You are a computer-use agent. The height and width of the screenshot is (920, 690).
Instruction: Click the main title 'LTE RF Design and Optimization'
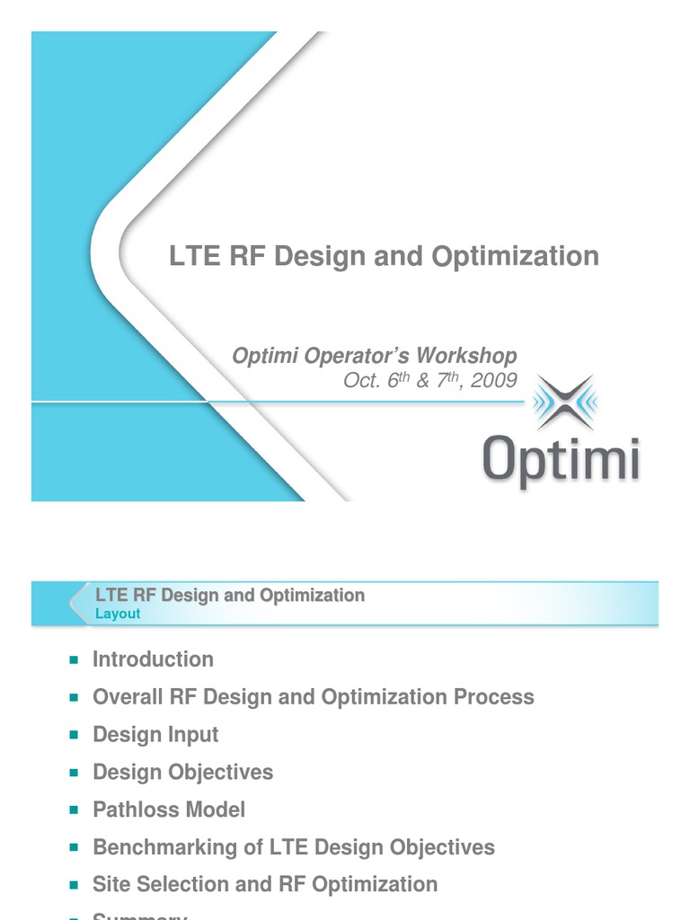click(x=384, y=256)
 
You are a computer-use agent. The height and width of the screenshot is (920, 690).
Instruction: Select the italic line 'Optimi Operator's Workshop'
click(x=375, y=356)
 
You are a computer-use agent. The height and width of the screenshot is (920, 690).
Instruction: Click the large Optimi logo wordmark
click(x=560, y=461)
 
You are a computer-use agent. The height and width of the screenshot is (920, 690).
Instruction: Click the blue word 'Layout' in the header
click(x=118, y=615)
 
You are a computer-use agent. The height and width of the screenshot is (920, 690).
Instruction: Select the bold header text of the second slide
click(x=230, y=595)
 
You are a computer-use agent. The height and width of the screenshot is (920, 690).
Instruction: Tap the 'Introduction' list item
click(x=153, y=659)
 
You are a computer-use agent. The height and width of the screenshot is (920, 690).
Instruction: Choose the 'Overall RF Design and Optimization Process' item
click(x=313, y=697)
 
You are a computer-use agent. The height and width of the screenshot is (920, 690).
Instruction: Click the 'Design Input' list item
click(x=155, y=735)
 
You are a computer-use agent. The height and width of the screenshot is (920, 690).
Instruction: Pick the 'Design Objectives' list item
click(x=182, y=773)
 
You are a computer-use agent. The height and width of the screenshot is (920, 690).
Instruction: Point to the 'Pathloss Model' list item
click(x=169, y=809)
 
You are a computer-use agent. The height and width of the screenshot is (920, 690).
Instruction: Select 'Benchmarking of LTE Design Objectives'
click(x=294, y=847)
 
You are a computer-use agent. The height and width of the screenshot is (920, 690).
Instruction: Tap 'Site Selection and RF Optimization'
click(x=265, y=884)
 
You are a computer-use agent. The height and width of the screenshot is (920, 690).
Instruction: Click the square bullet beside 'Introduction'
click(x=74, y=660)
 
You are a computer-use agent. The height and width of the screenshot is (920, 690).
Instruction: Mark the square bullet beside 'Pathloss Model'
click(x=74, y=810)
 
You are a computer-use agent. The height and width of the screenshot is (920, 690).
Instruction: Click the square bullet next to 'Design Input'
click(x=74, y=736)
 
